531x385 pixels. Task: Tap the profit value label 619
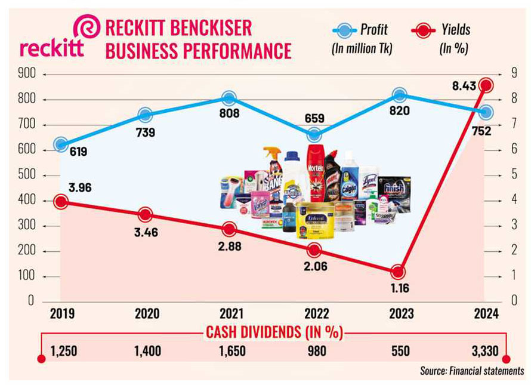coord(77,152)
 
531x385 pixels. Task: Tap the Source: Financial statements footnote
coord(471,371)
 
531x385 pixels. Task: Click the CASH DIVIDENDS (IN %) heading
coord(273,332)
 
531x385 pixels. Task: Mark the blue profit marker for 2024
coord(486,112)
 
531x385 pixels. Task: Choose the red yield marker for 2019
coord(60,202)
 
